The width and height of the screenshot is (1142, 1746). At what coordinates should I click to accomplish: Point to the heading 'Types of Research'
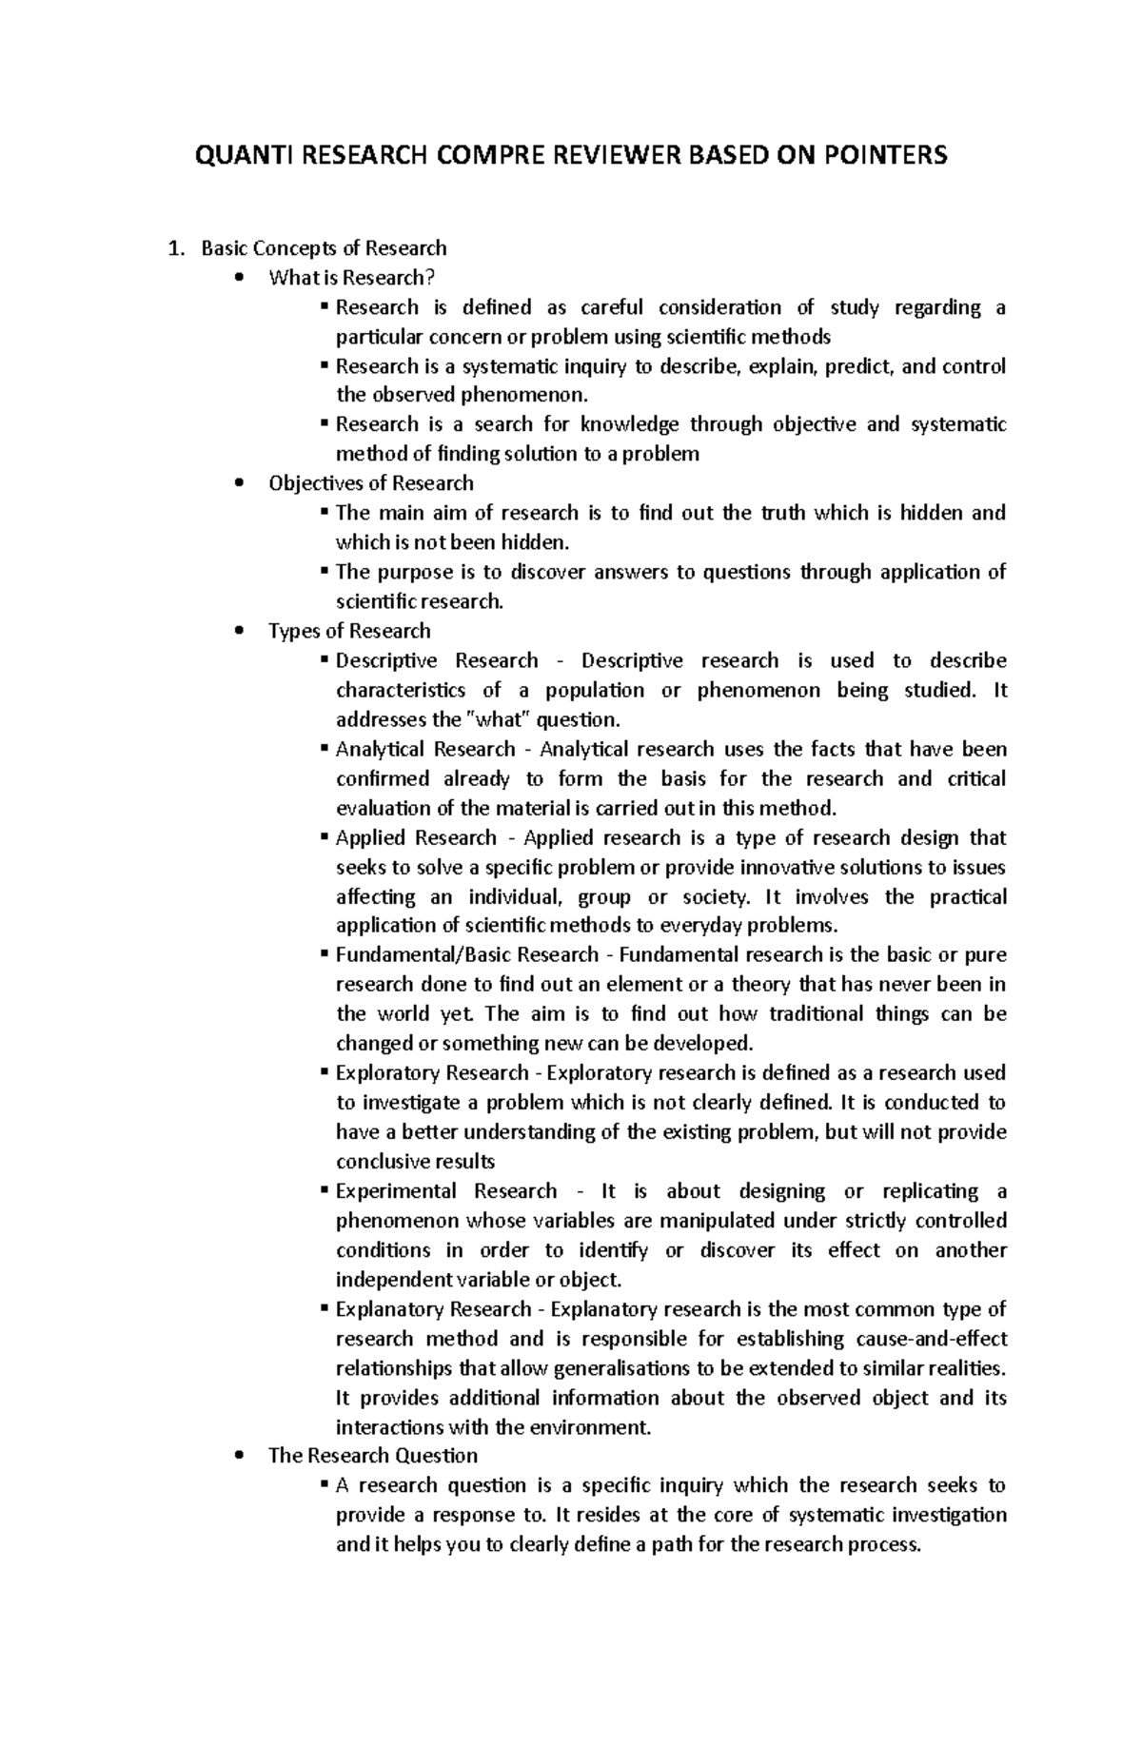(x=349, y=631)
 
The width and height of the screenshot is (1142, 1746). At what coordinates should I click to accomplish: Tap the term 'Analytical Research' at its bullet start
(x=425, y=749)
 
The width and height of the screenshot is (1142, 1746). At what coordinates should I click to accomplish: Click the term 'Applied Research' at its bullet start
(x=416, y=837)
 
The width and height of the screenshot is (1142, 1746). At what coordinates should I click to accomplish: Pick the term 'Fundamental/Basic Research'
(x=467, y=954)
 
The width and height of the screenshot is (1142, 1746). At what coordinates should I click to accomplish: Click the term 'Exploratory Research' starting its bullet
(x=432, y=1072)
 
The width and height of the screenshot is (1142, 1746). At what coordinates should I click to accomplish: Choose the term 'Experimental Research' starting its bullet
(x=446, y=1191)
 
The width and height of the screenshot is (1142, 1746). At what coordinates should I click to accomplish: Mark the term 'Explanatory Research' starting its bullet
(x=433, y=1309)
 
